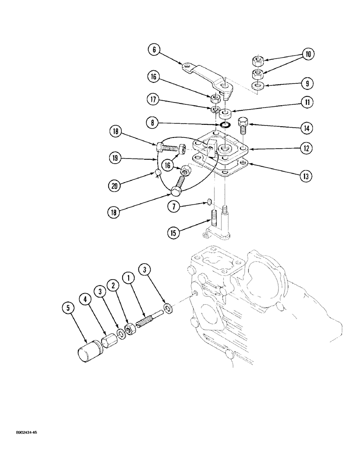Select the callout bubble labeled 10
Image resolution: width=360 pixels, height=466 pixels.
click(x=306, y=55)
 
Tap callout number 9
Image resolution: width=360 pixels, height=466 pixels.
click(x=306, y=84)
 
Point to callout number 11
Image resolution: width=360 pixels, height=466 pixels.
click(x=306, y=103)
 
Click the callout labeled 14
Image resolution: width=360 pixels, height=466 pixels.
click(x=306, y=128)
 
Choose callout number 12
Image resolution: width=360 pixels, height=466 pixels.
click(x=306, y=149)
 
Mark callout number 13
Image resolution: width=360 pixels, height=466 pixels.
click(x=306, y=177)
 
